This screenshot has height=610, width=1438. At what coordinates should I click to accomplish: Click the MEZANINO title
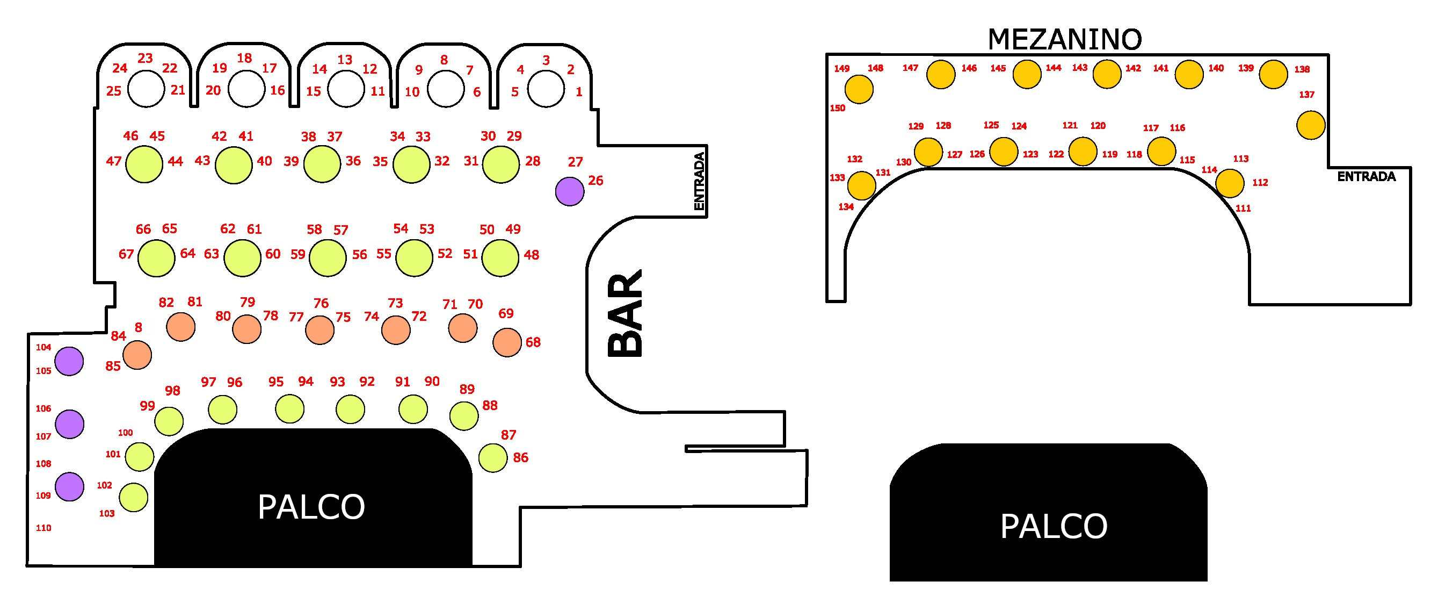[x=1065, y=39]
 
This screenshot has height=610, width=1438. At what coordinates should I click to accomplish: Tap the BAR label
[x=625, y=314]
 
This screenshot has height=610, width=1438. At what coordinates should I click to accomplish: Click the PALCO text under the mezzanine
[x=1054, y=526]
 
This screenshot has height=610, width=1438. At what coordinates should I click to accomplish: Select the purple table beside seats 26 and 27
[x=569, y=192]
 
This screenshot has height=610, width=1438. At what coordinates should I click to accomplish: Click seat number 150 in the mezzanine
[x=837, y=109]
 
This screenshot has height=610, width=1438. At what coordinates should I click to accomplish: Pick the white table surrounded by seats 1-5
[x=546, y=89]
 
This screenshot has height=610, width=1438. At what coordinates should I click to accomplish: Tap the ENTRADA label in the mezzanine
[x=1366, y=176]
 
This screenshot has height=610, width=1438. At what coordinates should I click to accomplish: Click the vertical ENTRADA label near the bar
[x=699, y=181]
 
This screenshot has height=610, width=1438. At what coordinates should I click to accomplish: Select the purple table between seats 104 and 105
[x=69, y=361]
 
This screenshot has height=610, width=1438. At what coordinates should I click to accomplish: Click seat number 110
[x=43, y=528]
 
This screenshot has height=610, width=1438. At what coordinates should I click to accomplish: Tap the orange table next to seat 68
[x=507, y=342]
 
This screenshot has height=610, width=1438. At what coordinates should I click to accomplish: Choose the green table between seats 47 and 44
[x=144, y=164]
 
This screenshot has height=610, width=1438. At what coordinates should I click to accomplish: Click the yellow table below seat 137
[x=1310, y=125]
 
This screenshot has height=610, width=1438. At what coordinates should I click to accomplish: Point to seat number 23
[x=145, y=58]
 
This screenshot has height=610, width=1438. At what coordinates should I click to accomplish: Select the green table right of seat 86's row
[x=493, y=458]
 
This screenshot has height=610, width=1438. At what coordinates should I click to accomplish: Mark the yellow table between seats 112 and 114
[x=1229, y=183]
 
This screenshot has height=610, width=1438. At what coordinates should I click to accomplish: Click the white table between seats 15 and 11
[x=346, y=89]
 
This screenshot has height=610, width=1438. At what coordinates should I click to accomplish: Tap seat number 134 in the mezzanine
[x=846, y=207]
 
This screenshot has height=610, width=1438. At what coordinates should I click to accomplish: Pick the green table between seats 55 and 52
[x=413, y=257]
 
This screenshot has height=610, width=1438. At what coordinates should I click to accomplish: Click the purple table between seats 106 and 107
[x=70, y=424]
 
